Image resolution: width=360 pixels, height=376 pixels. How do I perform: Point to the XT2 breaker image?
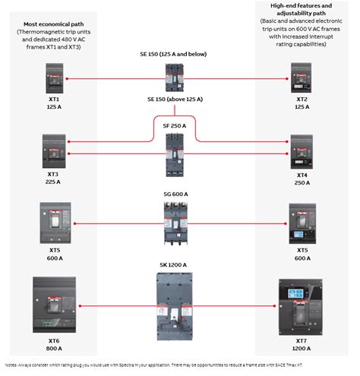tap(302, 77)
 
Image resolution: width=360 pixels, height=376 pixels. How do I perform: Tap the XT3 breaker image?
tap(54, 150)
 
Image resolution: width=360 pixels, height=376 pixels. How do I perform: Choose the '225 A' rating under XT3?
tap(53, 182)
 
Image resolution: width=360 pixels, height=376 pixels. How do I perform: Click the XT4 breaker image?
tap(302, 150)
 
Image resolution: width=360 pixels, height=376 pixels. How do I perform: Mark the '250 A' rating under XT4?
tap(302, 182)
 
